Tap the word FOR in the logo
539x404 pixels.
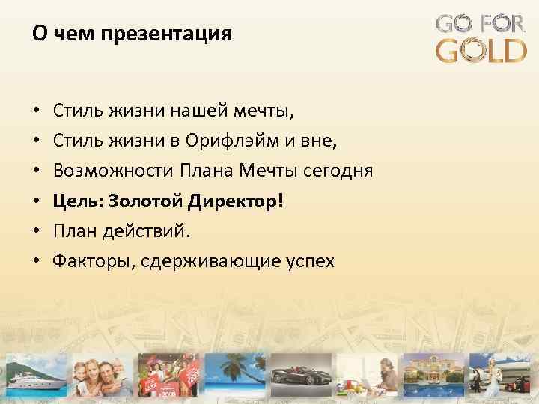point(503,23)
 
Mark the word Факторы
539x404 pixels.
point(82,261)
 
